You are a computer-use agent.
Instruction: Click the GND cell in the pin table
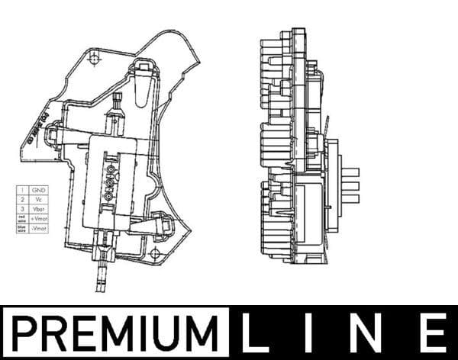pyautogui.click(x=37, y=189)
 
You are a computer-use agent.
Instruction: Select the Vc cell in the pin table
pyautogui.click(x=37, y=198)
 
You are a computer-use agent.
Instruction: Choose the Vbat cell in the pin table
pyautogui.click(x=37, y=208)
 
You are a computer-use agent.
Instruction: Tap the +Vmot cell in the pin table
pyautogui.click(x=37, y=218)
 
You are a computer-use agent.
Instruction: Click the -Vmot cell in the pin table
pyautogui.click(x=37, y=228)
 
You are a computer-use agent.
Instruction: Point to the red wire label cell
pyautogui.click(x=21, y=218)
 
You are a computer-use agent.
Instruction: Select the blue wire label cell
pyautogui.click(x=21, y=228)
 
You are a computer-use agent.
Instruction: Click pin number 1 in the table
pyautogui.click(x=21, y=189)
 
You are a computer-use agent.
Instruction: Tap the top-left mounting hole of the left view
pyautogui.click(x=92, y=56)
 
